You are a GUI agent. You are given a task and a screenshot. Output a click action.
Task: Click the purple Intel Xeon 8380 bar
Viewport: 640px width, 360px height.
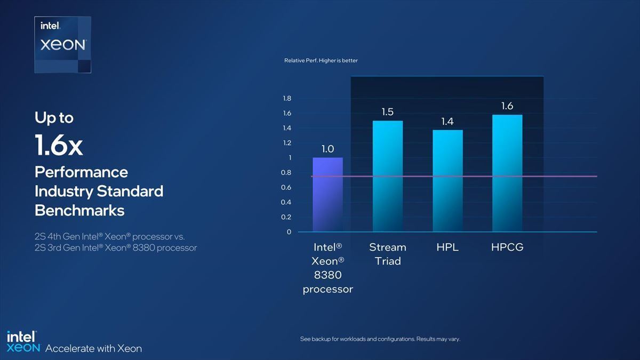click(327, 195)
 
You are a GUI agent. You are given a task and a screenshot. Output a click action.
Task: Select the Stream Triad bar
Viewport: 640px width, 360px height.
click(388, 176)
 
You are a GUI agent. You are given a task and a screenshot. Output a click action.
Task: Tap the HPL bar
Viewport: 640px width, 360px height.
click(447, 181)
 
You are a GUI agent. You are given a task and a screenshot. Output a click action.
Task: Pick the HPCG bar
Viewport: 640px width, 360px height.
click(507, 173)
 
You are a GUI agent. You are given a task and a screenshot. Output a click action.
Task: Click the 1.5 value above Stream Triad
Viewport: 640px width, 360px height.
click(388, 111)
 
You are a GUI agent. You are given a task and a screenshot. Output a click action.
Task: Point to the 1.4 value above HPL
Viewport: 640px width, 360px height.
click(447, 122)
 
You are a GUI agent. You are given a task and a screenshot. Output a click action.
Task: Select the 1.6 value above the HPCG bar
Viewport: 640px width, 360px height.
click(507, 106)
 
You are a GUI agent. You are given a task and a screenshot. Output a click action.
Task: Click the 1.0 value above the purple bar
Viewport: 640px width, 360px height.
click(327, 149)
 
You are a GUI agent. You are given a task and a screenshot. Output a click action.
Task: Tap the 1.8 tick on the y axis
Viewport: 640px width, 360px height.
click(287, 99)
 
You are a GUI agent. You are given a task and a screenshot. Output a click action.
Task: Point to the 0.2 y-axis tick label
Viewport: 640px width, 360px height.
click(286, 217)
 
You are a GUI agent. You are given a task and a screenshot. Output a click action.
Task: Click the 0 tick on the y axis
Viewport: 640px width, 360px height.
click(289, 232)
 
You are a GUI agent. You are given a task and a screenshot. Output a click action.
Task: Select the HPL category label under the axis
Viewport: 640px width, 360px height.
click(447, 247)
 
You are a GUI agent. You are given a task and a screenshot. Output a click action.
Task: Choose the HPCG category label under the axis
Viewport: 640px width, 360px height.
click(507, 247)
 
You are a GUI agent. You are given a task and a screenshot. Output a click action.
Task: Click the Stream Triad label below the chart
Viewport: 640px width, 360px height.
click(388, 254)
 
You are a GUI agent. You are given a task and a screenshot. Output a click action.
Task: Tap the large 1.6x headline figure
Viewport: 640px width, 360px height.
click(59, 145)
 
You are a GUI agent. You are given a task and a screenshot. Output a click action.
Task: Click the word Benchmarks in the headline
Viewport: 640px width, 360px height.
click(79, 211)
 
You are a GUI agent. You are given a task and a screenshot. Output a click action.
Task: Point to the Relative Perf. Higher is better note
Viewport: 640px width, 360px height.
click(321, 61)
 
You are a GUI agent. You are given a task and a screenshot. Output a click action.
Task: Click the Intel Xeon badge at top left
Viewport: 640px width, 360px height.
click(63, 45)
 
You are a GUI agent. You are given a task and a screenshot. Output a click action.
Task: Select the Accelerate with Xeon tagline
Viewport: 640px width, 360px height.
click(93, 349)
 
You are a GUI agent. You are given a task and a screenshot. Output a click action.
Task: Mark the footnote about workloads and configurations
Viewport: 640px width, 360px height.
click(380, 339)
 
